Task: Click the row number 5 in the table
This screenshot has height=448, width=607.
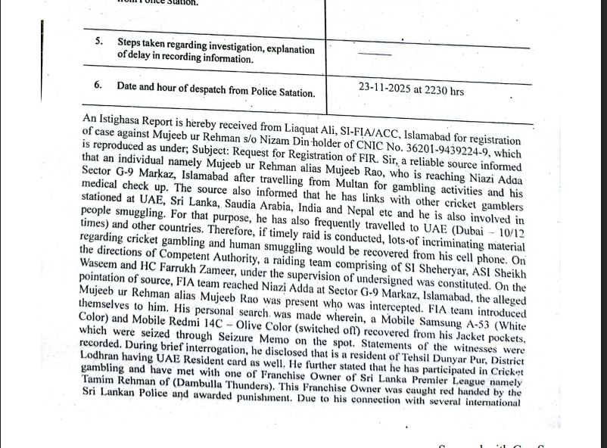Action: coord(99,41)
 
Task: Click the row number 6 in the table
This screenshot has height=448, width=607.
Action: coord(98,86)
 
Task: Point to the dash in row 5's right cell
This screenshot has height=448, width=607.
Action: coord(375,52)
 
